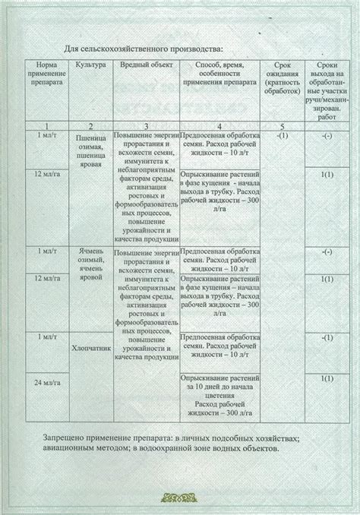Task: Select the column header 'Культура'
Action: pos(90,67)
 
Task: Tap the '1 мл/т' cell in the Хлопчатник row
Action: pos(47,336)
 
